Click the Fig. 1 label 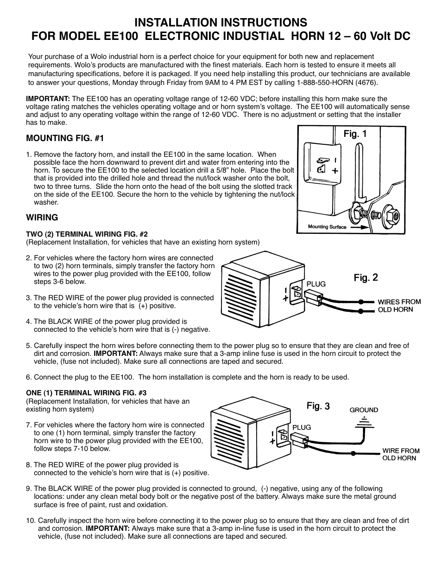coord(355,134)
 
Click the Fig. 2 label coord(366,277)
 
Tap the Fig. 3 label coord(318,406)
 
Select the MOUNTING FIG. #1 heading coord(65,138)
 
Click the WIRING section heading coord(42,217)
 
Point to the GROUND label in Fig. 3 coord(364,410)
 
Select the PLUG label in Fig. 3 coord(301,427)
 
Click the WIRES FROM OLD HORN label coord(399,305)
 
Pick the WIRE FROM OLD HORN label coord(400,454)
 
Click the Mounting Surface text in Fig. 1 coord(327,227)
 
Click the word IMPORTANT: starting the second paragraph coord(48,98)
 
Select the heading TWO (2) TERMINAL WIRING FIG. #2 coord(87,234)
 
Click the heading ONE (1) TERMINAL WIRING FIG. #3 coord(86,393)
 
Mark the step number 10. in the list coord(31,520)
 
